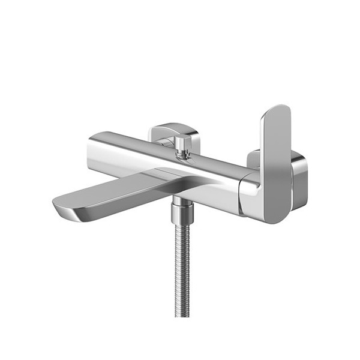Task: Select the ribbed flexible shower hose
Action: [181, 270]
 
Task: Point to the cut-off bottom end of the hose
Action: [181, 314]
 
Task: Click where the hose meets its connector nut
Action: [181, 224]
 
